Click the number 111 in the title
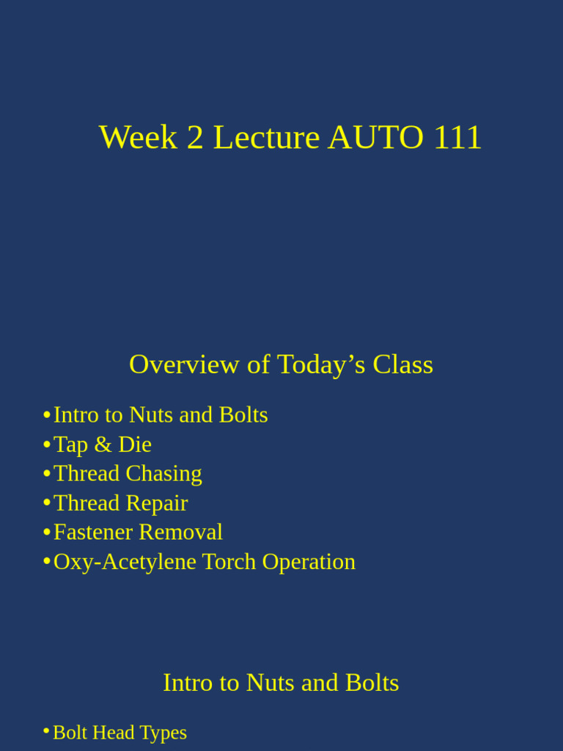457,138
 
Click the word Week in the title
139,138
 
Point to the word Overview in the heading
184,364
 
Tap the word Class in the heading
402,364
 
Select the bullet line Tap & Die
103,444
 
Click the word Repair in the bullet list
157,503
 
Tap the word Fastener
93,532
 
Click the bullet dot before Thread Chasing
47,474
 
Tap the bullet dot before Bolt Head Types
46,731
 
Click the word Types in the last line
163,733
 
